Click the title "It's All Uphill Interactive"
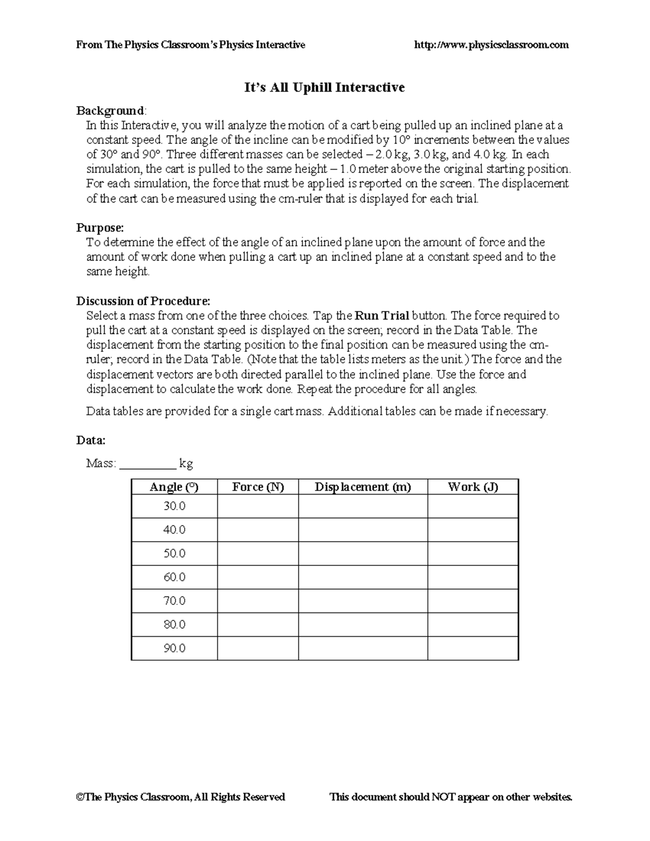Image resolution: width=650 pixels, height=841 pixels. pyautogui.click(x=324, y=87)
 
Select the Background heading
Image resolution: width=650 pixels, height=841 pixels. pyautogui.click(x=110, y=111)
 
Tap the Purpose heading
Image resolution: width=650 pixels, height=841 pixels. pyautogui.click(x=100, y=227)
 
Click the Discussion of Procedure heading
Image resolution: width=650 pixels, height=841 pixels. pyautogui.click(x=143, y=301)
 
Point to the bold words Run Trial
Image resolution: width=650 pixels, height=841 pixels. pyautogui.click(x=381, y=316)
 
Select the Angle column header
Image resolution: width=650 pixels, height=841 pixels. pyautogui.click(x=174, y=487)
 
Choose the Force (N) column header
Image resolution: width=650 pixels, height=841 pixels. pyautogui.click(x=258, y=487)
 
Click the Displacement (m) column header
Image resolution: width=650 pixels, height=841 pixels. pyautogui.click(x=363, y=487)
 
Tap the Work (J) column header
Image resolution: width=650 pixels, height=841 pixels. pyautogui.click(x=473, y=487)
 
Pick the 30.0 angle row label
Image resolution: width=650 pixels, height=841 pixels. pyautogui.click(x=174, y=506)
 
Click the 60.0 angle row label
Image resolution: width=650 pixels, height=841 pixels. pyautogui.click(x=174, y=577)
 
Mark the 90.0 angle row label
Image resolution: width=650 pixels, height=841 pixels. pyautogui.click(x=174, y=648)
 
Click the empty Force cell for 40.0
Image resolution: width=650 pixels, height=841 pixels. pyautogui.click(x=258, y=530)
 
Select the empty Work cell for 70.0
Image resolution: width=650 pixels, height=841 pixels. pyautogui.click(x=473, y=601)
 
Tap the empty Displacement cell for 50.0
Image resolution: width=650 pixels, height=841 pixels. pyautogui.click(x=363, y=553)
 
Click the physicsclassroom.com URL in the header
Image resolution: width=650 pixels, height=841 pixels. pyautogui.click(x=491, y=45)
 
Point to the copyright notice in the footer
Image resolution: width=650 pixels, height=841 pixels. pyautogui.click(x=180, y=797)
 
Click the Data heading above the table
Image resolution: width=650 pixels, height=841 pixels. pyautogui.click(x=90, y=440)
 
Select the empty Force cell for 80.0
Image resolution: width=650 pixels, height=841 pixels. pyautogui.click(x=258, y=624)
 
